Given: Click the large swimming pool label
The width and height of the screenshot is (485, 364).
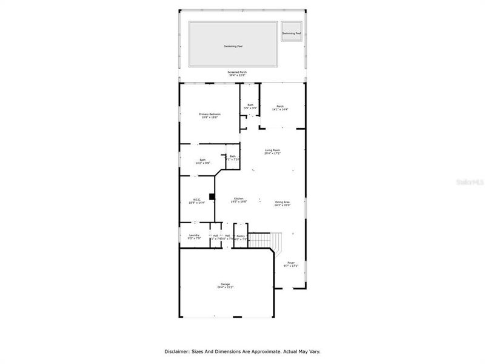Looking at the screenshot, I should (x=233, y=46).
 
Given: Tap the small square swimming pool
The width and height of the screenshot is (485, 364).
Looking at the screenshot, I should (x=291, y=33).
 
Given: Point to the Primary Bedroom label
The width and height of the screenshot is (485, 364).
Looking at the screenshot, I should (x=210, y=114).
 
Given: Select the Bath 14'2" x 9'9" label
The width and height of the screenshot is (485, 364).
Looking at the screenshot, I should (x=202, y=161).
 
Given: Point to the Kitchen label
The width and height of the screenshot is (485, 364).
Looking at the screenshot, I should (x=239, y=199).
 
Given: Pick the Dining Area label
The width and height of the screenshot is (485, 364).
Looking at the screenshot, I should (x=283, y=203).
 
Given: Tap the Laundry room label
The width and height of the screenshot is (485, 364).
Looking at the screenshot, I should (x=194, y=235).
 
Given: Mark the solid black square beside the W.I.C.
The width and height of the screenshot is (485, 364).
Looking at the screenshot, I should (x=212, y=195).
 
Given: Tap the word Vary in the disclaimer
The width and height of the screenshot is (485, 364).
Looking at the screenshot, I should (x=313, y=351).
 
